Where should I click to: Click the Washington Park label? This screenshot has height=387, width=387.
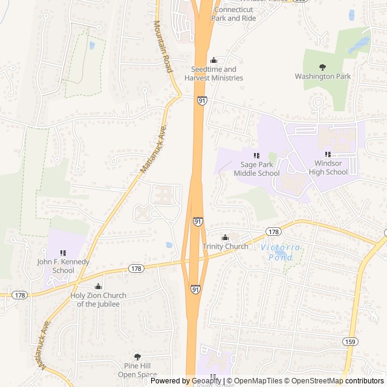point(322,76)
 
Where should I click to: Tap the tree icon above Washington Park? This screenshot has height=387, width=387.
point(322,67)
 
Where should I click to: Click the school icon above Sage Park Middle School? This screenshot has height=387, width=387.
point(256,155)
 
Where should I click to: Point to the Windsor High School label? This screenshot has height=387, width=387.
point(328,167)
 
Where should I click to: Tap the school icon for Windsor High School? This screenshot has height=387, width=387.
point(328,155)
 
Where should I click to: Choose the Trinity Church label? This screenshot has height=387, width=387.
point(225,246)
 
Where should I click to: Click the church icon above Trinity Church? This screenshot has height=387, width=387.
point(225,237)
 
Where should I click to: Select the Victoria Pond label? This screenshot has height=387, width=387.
point(281,253)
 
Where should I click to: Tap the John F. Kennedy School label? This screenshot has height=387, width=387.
point(63,266)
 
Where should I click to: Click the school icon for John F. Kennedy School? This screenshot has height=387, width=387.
point(63,253)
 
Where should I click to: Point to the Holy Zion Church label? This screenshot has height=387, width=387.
point(98,299)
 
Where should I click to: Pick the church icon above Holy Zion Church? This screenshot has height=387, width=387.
point(98,287)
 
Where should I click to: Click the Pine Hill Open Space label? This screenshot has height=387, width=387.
point(137,370)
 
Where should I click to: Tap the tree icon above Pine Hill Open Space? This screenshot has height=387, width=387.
point(137,357)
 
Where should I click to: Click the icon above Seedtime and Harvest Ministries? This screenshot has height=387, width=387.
point(213,60)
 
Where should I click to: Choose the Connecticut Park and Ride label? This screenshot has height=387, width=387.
point(233,14)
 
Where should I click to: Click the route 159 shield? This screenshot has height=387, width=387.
point(349,342)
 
